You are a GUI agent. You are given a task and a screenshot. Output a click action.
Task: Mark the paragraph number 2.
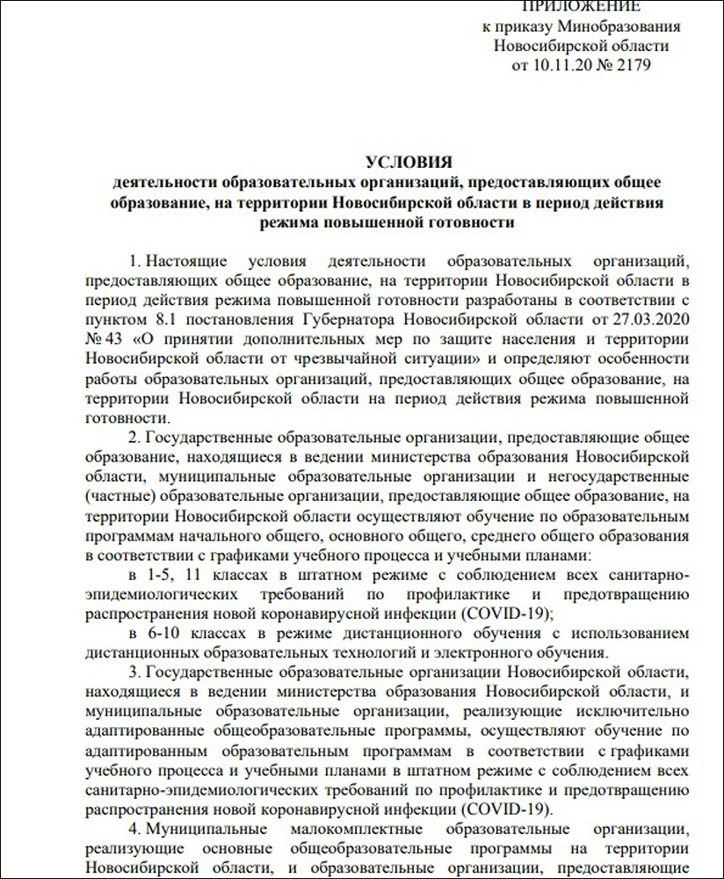133,436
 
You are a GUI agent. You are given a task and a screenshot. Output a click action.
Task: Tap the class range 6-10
164,633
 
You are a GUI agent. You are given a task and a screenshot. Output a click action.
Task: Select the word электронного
480,652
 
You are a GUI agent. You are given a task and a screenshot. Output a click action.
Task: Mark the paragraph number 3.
133,672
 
